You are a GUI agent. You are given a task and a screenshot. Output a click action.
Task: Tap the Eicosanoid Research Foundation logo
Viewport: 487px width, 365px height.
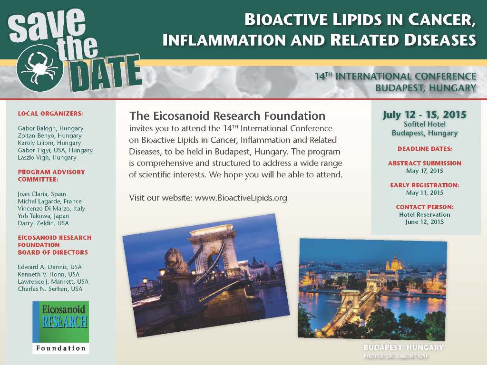(60, 327)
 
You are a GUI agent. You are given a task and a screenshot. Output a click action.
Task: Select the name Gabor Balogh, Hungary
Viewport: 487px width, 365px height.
(50, 128)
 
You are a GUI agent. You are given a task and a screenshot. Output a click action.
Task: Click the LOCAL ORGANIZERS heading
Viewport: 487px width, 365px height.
(50, 114)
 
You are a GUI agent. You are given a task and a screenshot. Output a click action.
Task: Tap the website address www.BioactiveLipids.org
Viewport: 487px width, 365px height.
(241, 198)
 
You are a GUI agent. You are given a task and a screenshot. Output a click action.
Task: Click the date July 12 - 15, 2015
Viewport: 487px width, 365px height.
(424, 115)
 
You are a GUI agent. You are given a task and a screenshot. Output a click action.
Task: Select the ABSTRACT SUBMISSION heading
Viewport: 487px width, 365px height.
(424, 163)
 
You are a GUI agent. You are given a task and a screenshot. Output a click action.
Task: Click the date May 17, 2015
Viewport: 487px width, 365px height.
(424, 171)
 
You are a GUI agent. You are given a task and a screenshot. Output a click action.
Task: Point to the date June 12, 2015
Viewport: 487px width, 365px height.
(424, 222)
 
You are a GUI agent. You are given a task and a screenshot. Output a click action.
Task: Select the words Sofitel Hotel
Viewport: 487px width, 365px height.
(424, 125)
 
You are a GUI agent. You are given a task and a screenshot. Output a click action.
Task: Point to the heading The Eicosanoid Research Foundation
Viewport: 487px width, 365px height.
(227, 116)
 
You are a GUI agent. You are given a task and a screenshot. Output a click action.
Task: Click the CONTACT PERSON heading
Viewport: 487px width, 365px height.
(424, 207)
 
